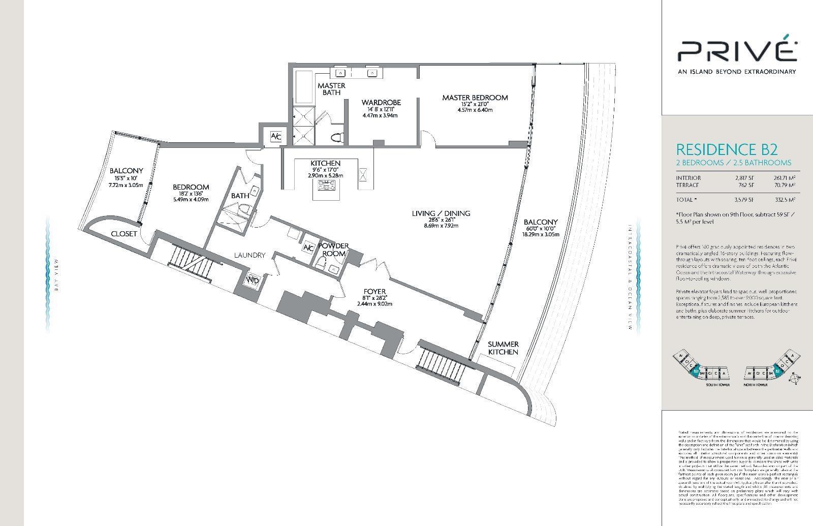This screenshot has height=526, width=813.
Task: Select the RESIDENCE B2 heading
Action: (727, 149)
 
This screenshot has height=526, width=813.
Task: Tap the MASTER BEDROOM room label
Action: (475, 98)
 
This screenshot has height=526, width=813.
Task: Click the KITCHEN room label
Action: (325, 163)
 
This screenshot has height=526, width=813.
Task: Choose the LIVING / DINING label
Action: (441, 213)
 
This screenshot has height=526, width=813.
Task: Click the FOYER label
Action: (374, 291)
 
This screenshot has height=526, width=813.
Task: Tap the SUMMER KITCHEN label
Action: (503, 348)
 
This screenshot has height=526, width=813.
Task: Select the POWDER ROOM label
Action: (333, 250)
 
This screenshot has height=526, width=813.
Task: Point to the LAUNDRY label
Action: (249, 255)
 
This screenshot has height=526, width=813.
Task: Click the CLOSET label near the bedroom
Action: (124, 234)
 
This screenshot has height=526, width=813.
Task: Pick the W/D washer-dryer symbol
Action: (252, 280)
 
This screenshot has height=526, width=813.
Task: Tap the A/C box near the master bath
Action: (275, 136)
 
